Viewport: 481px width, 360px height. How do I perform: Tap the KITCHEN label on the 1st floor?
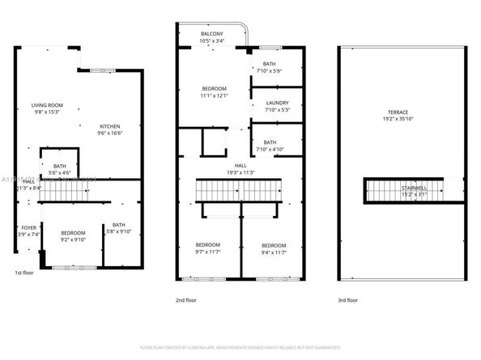click(110, 126)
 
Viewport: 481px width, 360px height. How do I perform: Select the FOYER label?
click(28, 228)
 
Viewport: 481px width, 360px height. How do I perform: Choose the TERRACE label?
click(398, 112)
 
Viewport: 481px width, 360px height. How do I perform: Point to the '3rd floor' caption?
click(349, 299)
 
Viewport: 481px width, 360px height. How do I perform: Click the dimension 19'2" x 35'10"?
click(398, 119)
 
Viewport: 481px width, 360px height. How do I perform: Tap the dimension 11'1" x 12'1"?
click(215, 95)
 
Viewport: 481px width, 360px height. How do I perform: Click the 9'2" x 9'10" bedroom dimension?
click(74, 239)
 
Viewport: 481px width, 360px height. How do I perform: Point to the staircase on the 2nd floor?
click(240, 193)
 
